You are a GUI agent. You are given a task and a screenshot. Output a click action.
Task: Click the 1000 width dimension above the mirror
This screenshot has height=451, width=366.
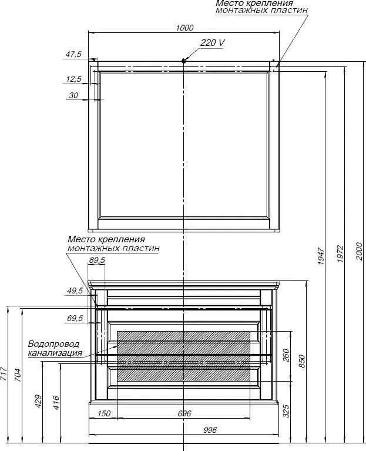184,28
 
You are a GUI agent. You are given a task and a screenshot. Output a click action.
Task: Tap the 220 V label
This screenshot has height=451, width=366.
212,43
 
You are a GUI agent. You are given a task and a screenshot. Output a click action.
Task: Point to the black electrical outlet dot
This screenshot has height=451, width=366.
183,61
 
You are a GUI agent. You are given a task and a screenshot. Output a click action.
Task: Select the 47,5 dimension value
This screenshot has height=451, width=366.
73,54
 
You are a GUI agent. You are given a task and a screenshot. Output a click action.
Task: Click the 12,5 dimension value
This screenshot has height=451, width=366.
74,79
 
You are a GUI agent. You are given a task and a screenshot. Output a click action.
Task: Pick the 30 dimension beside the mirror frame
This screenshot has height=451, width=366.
73,95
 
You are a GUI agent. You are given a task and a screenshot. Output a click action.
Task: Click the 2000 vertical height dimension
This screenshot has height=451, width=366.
360,252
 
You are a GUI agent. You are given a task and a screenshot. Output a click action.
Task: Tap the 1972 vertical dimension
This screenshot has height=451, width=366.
340,253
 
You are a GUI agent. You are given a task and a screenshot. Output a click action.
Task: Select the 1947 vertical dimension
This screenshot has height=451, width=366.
321,256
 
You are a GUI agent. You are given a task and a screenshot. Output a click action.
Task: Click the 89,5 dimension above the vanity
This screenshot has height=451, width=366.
97,260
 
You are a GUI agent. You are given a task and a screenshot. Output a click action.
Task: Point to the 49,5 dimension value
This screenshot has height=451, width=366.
75,290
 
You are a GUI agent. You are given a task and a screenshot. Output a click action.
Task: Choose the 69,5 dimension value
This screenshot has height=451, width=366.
75,318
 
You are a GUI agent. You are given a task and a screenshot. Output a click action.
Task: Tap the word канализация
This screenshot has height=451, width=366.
55,353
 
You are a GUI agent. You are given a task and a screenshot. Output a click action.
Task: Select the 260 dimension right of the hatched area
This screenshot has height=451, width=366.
286,355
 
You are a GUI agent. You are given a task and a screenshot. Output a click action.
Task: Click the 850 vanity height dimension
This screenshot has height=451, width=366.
302,361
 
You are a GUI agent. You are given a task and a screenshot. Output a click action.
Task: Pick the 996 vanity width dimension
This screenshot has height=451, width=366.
210,430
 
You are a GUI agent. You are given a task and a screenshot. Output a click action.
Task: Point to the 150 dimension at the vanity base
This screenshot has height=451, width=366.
104,413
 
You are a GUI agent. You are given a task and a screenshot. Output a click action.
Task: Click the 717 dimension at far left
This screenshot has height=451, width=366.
4,374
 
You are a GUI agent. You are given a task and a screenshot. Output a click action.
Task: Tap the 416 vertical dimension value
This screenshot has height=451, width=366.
56,403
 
